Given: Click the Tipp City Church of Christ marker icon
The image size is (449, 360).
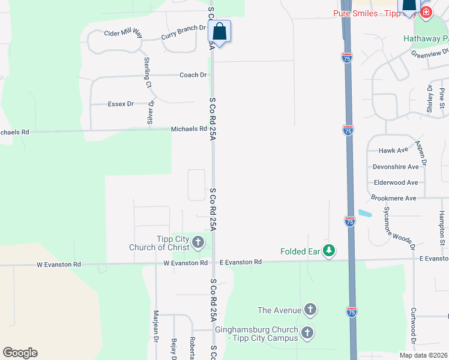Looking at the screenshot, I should tap(198, 242).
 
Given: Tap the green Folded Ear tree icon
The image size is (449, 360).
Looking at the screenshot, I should tap(328, 251).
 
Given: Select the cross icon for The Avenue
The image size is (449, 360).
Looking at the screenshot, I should tap(310, 310).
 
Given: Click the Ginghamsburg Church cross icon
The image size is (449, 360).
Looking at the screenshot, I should tap(307, 332).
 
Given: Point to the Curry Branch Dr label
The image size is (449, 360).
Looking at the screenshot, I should tap(184, 33).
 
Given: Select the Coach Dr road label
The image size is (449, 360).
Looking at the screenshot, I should tap(193, 75).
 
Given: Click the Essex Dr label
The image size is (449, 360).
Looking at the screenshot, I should tap(121, 104).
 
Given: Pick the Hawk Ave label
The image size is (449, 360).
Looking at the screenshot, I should tap(393, 151).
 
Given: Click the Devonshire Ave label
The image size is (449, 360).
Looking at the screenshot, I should tap(396, 166).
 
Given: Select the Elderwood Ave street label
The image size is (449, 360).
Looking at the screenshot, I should tap(396, 182).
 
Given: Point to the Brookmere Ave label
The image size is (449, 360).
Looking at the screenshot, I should tap(393, 198).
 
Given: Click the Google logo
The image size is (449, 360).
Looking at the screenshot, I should tap(20, 353).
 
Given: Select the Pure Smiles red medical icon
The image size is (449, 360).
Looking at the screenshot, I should tap(426, 13).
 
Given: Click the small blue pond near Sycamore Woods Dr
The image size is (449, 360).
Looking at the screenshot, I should tap(364, 213).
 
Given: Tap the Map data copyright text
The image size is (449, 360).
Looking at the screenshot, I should tap(423, 355).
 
